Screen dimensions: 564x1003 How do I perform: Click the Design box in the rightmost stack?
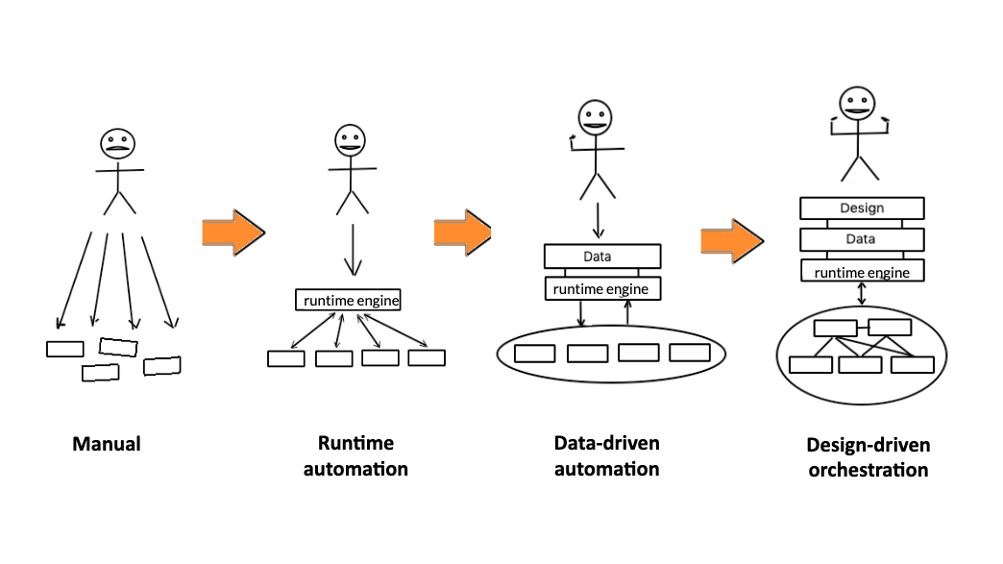[x=862, y=208]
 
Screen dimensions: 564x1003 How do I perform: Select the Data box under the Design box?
[x=862, y=239]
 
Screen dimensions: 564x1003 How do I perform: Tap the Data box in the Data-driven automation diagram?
[x=602, y=257]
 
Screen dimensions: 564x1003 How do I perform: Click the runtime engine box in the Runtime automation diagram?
[x=347, y=300]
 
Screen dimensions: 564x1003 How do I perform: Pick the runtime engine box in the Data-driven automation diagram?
[x=602, y=288]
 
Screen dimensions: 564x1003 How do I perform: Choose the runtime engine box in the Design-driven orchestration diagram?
[x=862, y=272]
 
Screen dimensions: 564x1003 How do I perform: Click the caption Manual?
[x=107, y=444]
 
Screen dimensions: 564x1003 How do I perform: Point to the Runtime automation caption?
[x=355, y=456]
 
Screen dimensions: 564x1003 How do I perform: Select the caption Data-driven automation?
[x=606, y=456]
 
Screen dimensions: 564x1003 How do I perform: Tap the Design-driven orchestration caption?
[x=868, y=458]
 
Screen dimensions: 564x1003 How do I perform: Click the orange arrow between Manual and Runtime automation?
[x=232, y=232]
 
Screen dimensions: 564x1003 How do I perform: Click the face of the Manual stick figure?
[x=117, y=145]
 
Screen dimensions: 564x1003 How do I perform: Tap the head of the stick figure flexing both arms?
[x=856, y=105]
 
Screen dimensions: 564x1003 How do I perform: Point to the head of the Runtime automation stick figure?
[x=351, y=141]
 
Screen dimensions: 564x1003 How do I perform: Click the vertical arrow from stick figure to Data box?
[x=599, y=220]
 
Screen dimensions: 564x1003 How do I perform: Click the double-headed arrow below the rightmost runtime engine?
[x=862, y=293]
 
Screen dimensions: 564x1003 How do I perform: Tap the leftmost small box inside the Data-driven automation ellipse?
[x=535, y=353]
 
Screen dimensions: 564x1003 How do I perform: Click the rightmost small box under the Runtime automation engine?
[x=427, y=357]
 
